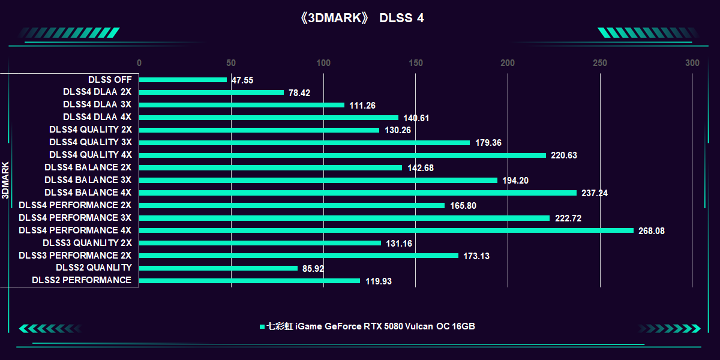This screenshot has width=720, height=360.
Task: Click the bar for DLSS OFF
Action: (183, 80)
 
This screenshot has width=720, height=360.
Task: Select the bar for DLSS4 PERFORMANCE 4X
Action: (386, 230)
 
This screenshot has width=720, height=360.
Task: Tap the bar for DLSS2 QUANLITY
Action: (218, 268)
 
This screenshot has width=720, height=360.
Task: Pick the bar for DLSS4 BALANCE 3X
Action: (319, 180)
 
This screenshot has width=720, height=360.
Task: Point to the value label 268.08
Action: (652, 231)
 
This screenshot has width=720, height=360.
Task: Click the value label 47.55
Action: (242, 80)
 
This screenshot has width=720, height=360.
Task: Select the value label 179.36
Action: (488, 143)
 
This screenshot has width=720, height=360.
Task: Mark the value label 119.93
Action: (379, 281)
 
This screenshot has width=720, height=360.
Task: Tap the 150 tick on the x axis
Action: (416, 63)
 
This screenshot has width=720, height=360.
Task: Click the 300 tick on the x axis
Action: (692, 63)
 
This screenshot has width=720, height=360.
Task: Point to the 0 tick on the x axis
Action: (139, 63)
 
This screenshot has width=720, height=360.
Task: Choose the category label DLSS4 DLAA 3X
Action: (97, 104)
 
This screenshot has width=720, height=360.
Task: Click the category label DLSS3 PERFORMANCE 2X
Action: (75, 256)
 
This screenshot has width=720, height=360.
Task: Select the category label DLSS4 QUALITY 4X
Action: (91, 155)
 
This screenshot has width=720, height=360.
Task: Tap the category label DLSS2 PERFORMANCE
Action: (82, 280)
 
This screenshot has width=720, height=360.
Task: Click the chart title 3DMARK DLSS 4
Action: (361, 18)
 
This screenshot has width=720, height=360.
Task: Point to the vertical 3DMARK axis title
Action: (5, 180)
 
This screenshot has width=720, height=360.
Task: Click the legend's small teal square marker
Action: (262, 327)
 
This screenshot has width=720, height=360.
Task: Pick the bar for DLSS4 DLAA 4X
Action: (269, 118)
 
